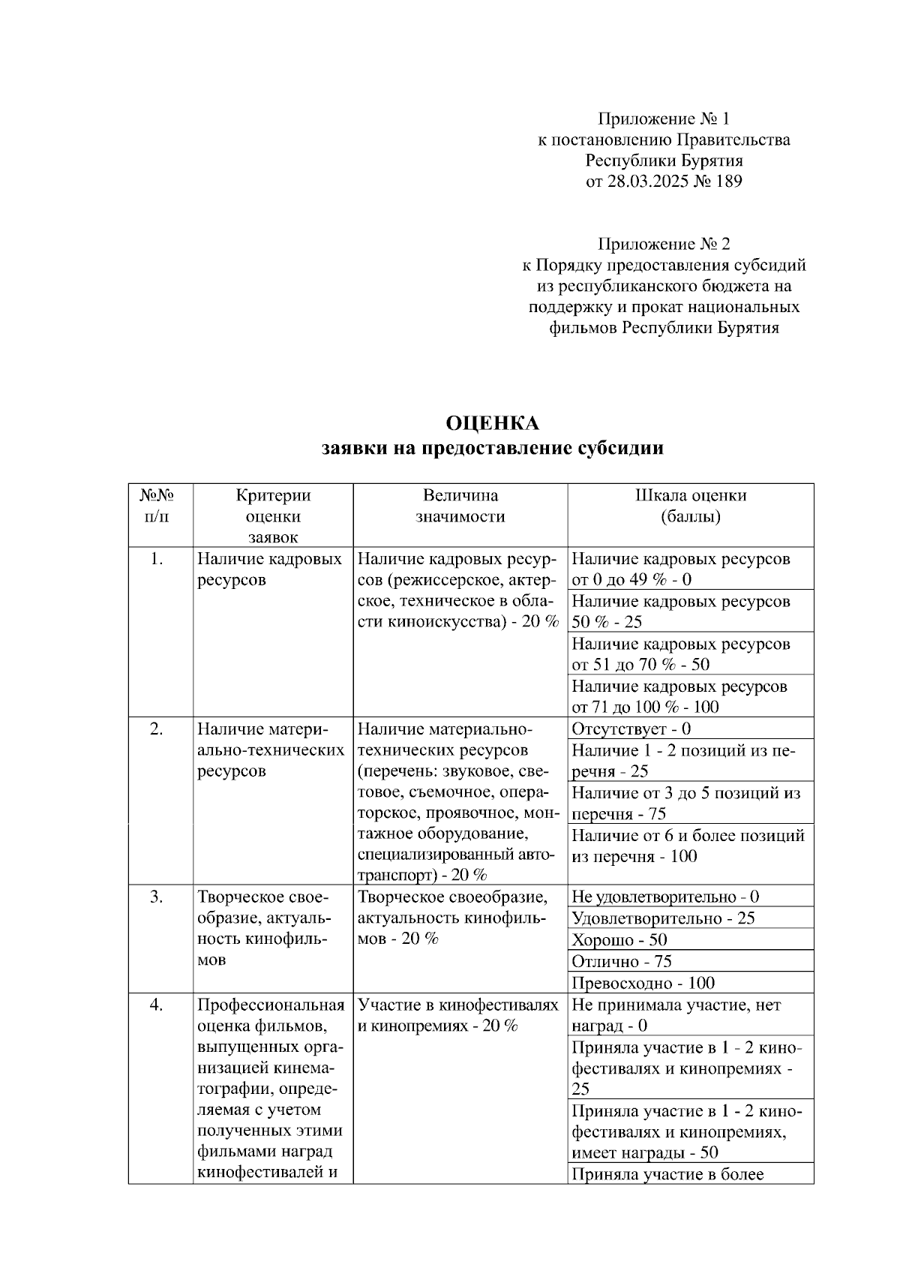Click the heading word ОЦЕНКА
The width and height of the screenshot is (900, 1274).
pyautogui.click(x=493, y=423)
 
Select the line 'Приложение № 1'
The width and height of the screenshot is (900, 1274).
pyautogui.click(x=663, y=119)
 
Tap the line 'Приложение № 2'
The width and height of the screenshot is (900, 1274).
pyautogui.click(x=663, y=244)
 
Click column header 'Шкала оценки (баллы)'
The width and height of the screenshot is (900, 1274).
pyautogui.click(x=690, y=506)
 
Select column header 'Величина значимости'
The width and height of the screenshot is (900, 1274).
pyautogui.click(x=460, y=506)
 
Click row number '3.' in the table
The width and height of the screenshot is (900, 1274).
pyautogui.click(x=156, y=897)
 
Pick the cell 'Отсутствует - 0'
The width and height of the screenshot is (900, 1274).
pyautogui.click(x=631, y=729)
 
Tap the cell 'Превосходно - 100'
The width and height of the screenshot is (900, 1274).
pyautogui.click(x=643, y=983)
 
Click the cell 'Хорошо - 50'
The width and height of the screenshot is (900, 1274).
pyautogui.click(x=619, y=940)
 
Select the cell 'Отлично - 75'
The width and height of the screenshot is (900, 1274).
pyautogui.click(x=621, y=961)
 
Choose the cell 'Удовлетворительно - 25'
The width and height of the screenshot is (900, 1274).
pyautogui.click(x=663, y=918)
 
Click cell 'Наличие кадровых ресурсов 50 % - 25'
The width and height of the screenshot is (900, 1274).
pyautogui.click(x=680, y=611)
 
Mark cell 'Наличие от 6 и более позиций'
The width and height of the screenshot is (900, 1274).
pyautogui.click(x=688, y=846)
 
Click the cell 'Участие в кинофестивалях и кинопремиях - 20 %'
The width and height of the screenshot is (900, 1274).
pyautogui.click(x=458, y=1015)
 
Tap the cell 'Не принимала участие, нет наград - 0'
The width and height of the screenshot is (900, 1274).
pyautogui.click(x=676, y=1015)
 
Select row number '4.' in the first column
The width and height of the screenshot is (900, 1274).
pyautogui.click(x=156, y=1005)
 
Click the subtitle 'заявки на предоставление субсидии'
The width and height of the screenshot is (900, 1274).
pyautogui.click(x=493, y=449)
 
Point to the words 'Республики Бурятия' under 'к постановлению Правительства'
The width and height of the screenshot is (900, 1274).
pyautogui.click(x=664, y=160)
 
